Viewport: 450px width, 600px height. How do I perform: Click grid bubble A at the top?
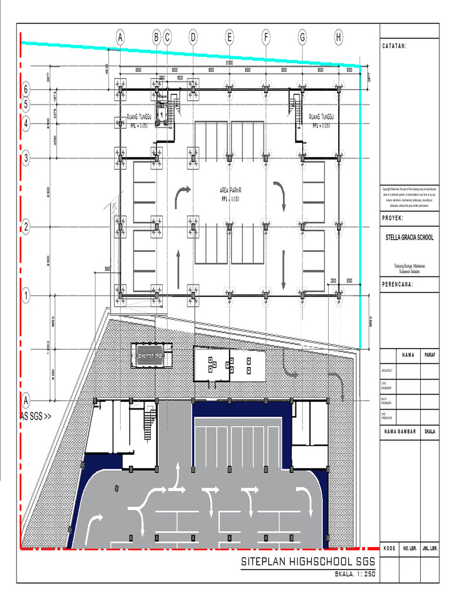120,37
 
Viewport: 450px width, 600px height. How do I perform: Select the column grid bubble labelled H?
339,37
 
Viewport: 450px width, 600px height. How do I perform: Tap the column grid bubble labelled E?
230,37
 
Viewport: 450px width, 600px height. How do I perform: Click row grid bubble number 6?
26,90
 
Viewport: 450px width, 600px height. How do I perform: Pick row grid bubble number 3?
26,158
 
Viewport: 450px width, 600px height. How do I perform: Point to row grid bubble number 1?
26,296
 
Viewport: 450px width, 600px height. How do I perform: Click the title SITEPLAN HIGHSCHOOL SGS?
308,562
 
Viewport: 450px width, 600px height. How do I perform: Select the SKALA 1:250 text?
354,574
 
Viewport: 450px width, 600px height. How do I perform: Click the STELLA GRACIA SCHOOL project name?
409,238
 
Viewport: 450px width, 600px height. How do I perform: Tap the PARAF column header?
429,355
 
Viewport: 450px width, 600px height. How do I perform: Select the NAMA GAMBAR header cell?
400,431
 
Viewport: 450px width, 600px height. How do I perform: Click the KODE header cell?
389,548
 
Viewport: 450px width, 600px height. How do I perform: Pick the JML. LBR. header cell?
429,548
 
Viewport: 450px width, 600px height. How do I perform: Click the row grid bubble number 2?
26,227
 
